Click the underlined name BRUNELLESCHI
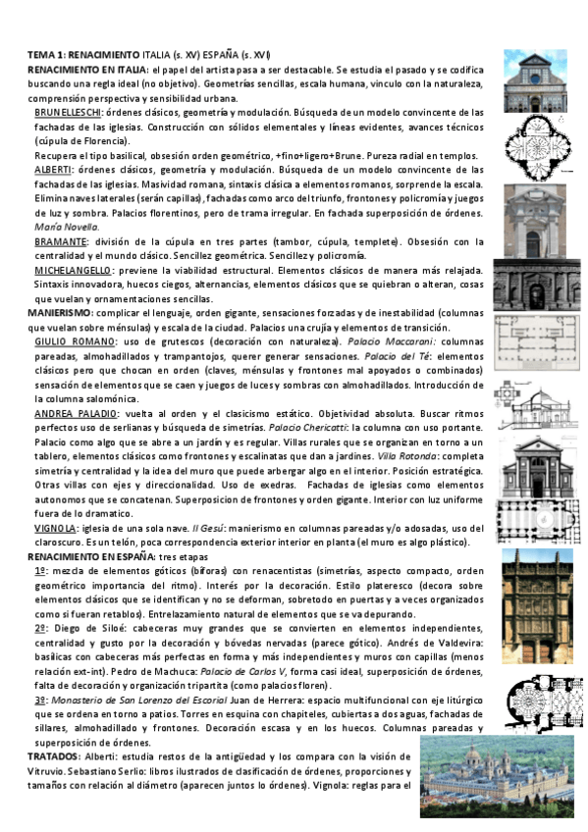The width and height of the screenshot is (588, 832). (67, 113)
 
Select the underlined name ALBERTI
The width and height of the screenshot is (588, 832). (54, 170)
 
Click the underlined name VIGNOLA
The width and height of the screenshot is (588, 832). (55, 527)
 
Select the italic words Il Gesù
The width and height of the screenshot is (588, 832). (203, 527)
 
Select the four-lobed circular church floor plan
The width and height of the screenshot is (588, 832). (531, 143)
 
